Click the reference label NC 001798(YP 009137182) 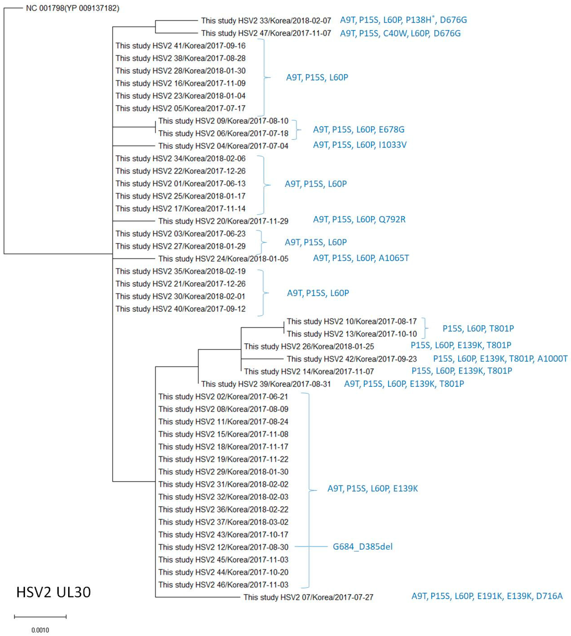click(73, 8)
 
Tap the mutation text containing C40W click(400, 33)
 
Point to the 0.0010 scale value click(40, 630)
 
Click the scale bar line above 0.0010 click(40, 616)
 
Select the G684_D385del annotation click(362, 546)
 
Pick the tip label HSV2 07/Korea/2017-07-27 click(308, 597)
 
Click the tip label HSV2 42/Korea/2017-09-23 click(352, 359)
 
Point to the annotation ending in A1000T click(500, 359)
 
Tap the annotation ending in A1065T click(361, 258)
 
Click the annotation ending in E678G click(359, 129)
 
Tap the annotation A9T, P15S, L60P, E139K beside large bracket click(372, 488)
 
